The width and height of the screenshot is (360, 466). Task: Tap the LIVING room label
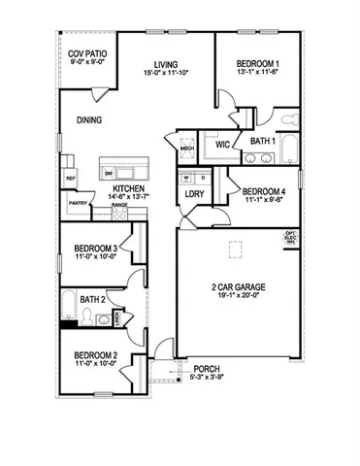pos(162,64)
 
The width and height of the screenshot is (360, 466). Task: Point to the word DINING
pos(90,121)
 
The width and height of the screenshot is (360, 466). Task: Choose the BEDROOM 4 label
pos(264,191)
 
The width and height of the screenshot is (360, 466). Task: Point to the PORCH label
pos(208,368)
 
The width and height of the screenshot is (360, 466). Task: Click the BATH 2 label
pos(94,299)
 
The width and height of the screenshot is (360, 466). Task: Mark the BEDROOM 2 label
pos(95,356)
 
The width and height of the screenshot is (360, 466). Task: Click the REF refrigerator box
pos(71,180)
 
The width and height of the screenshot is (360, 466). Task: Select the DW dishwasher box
pos(109,173)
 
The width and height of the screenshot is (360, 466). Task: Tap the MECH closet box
pos(186,148)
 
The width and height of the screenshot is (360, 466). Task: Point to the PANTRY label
pos(78,203)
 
